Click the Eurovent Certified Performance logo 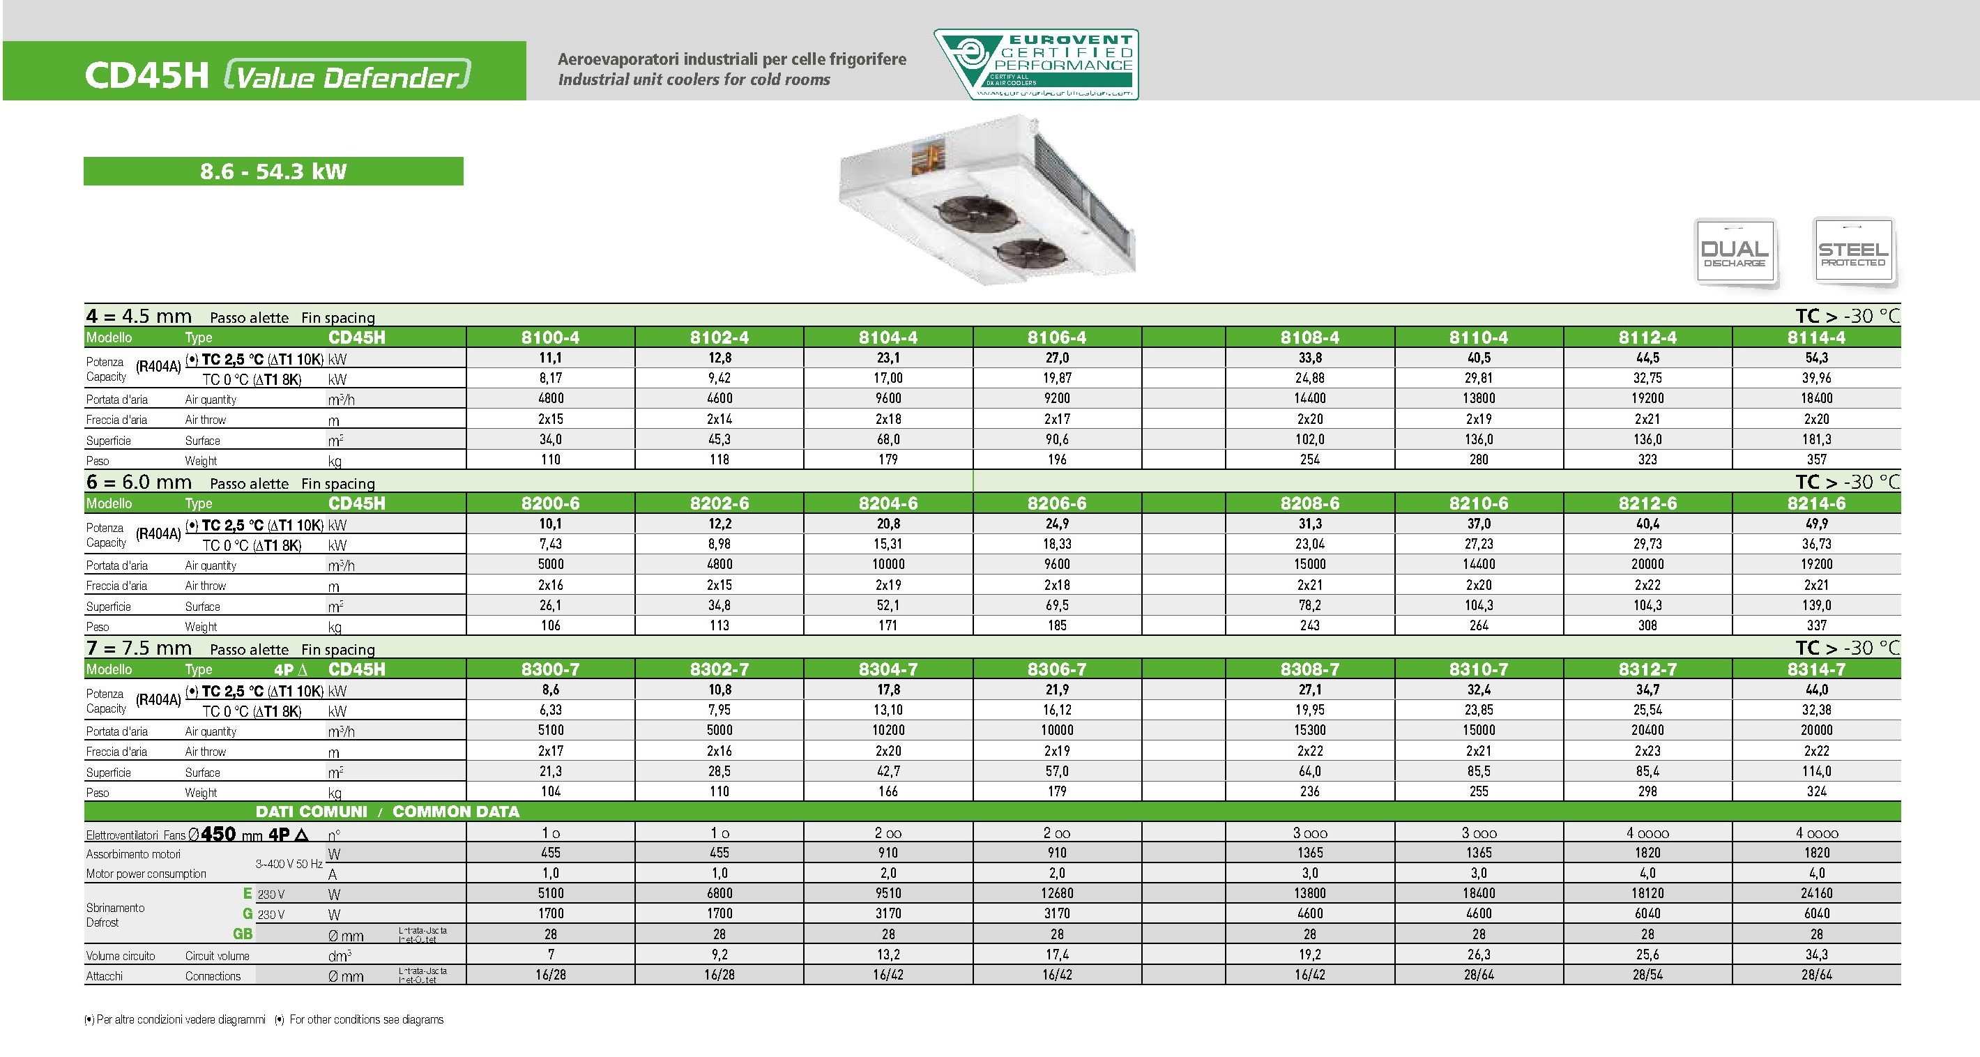point(1035,65)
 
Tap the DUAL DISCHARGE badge point(1735,253)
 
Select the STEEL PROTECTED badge point(1852,252)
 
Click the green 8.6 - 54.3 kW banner point(273,171)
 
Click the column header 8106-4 point(1057,337)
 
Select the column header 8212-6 point(1647,503)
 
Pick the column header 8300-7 point(550,669)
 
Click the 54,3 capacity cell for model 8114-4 point(1816,358)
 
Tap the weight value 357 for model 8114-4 point(1816,459)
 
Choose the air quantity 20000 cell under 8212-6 point(1647,564)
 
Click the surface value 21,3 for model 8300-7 point(550,771)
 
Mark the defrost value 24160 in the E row point(1816,893)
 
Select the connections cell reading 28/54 point(1647,975)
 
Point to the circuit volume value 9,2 point(719,955)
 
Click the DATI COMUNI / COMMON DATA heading point(388,812)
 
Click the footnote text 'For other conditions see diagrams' point(366,1020)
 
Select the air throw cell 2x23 point(1647,751)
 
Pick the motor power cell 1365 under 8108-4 point(1310,853)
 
